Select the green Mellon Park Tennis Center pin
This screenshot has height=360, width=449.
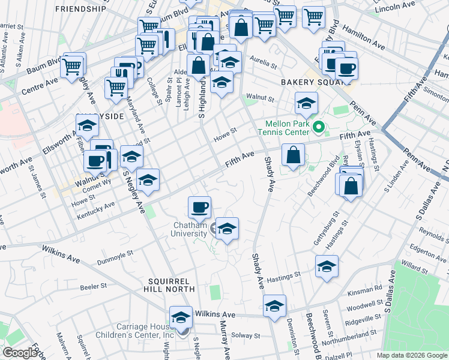(x=319, y=127)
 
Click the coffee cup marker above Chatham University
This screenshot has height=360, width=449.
(x=199, y=208)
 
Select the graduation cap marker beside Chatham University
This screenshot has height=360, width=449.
(x=227, y=229)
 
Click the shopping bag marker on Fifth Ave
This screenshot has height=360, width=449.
(x=293, y=156)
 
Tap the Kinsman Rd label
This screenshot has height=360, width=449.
(x=370, y=289)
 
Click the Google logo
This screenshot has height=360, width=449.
(x=19, y=353)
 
